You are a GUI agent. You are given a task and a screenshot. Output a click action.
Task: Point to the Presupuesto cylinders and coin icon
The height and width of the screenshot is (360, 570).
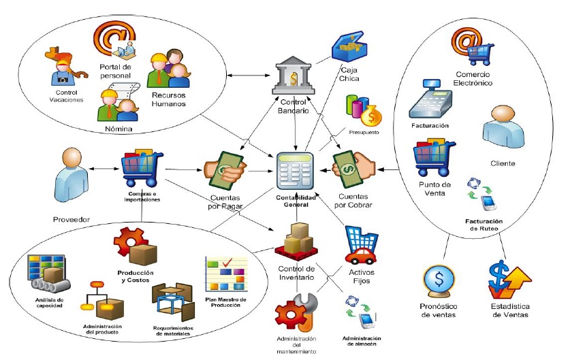coord(364,110)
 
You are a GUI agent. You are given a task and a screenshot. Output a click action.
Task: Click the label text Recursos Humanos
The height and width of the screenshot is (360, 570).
coord(170,100)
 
